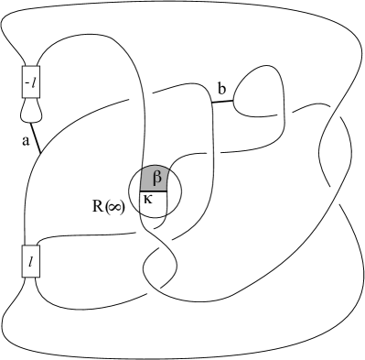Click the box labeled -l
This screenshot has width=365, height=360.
pyautogui.click(x=29, y=83)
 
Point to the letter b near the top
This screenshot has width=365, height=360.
pyautogui.click(x=221, y=89)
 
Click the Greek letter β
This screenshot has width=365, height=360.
pyautogui.click(x=156, y=176)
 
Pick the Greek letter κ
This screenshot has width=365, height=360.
pyautogui.click(x=149, y=199)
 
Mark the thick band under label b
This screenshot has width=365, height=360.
pyautogui.click(x=222, y=101)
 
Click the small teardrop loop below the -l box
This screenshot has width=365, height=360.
pyautogui.click(x=30, y=110)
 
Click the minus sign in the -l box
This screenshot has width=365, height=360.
pyautogui.click(x=26, y=83)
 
